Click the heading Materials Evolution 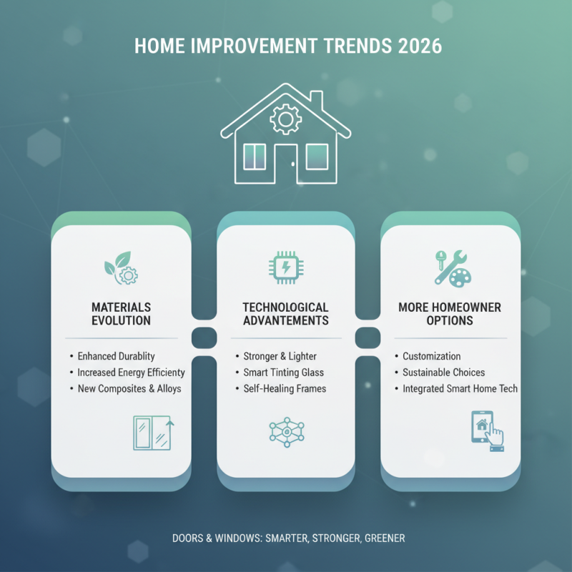click(121, 314)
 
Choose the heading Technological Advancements click(285, 314)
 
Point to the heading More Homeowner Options click(450, 314)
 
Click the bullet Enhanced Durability click(117, 356)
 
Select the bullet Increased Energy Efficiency click(132, 373)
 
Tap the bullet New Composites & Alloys click(129, 389)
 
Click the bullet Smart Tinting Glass click(283, 373)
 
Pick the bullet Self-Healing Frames click(285, 389)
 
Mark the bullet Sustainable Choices click(443, 373)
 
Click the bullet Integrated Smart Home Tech click(460, 389)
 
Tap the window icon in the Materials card click(153, 433)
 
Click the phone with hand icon click(487, 430)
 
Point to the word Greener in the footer click(381, 538)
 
